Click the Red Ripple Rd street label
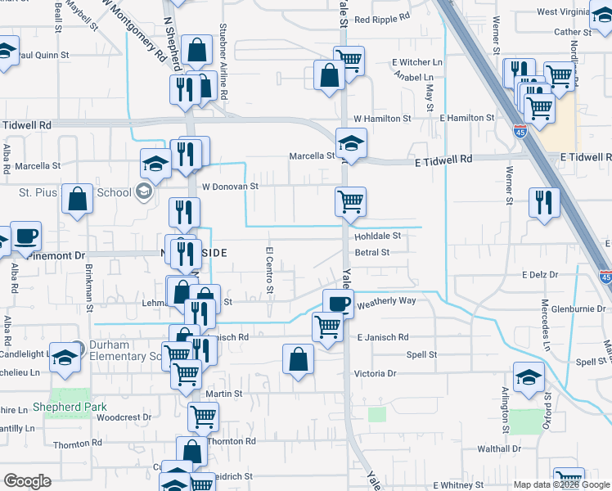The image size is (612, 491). point(386,19)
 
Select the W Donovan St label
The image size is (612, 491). point(230,187)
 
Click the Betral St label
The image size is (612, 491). point(371,253)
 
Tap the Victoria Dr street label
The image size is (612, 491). point(375,373)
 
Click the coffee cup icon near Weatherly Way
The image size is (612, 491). point(337,304)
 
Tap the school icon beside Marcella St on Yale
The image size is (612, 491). point(351,143)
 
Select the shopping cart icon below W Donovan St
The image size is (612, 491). point(350,200)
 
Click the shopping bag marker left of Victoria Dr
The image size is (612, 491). point(298,358)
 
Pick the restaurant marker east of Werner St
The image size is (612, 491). point(543,201)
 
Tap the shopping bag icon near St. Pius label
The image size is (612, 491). point(77,199)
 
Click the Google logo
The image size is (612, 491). point(27,481)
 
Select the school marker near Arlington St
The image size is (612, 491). point(529,376)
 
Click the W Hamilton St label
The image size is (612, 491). point(382,119)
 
